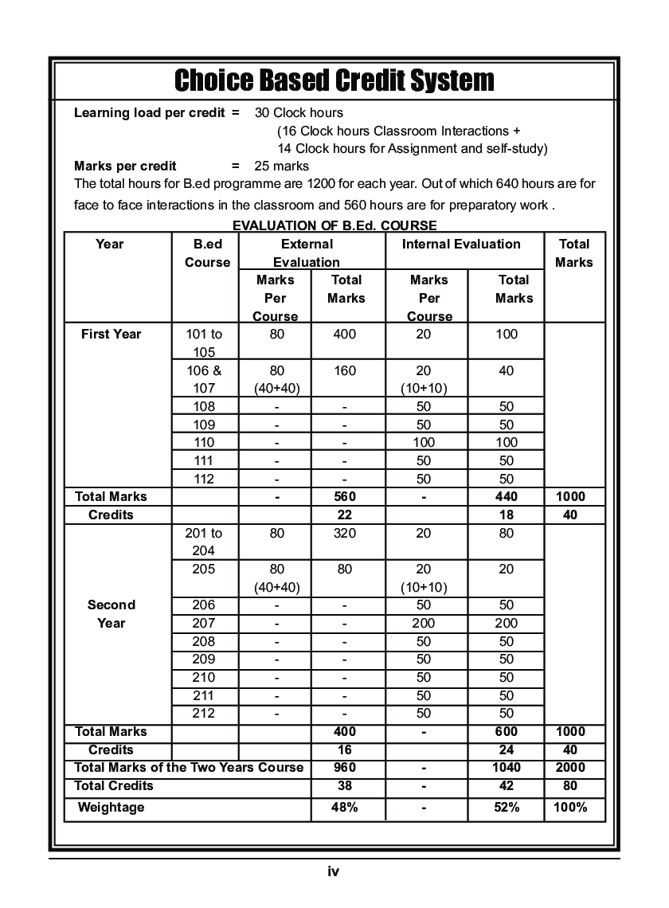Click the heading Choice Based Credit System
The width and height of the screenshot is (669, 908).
[334, 80]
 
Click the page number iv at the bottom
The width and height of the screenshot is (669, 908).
[334, 871]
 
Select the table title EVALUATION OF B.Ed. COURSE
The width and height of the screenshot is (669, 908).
[334, 226]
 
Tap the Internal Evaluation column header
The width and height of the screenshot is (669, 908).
[461, 245]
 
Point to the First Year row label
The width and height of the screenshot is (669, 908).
[111, 335]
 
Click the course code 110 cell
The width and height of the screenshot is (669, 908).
[204, 443]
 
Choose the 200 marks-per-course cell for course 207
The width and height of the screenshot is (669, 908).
[424, 624]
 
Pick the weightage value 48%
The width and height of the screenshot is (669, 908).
[345, 808]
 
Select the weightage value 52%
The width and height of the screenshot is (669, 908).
[506, 808]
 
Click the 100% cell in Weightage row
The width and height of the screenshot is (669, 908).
[571, 808]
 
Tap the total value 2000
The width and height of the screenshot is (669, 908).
[571, 768]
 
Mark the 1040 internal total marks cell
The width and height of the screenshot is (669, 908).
[506, 768]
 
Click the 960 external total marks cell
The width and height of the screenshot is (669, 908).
[345, 768]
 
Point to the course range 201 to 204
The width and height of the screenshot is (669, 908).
[204, 542]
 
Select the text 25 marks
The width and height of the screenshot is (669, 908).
[282, 166]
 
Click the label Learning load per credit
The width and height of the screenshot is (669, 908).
[150, 113]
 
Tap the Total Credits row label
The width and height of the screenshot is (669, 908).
[114, 786]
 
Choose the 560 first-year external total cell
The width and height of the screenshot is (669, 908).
[345, 497]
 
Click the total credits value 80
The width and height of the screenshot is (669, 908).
[571, 786]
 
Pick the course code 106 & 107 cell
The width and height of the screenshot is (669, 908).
[204, 379]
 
